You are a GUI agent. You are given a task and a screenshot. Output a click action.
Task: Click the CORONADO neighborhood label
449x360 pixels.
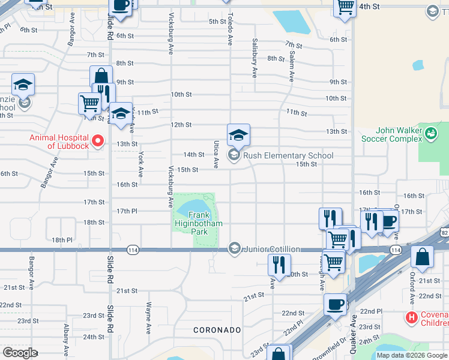point(217,330)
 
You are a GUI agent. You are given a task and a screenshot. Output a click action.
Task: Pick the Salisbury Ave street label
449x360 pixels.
point(255,59)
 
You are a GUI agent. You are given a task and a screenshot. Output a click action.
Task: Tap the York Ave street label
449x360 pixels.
point(141,163)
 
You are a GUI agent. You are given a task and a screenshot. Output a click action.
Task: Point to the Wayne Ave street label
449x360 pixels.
point(148,317)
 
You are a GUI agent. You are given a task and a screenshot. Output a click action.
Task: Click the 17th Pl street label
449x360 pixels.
point(127,211)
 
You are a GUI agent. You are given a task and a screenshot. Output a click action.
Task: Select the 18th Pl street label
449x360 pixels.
point(62,240)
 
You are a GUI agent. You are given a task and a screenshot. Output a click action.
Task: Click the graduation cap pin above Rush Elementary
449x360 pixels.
point(238,134)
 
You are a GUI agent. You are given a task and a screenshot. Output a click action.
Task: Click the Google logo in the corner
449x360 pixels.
point(20,353)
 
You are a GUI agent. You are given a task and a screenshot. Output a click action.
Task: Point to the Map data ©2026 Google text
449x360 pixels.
point(411,355)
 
